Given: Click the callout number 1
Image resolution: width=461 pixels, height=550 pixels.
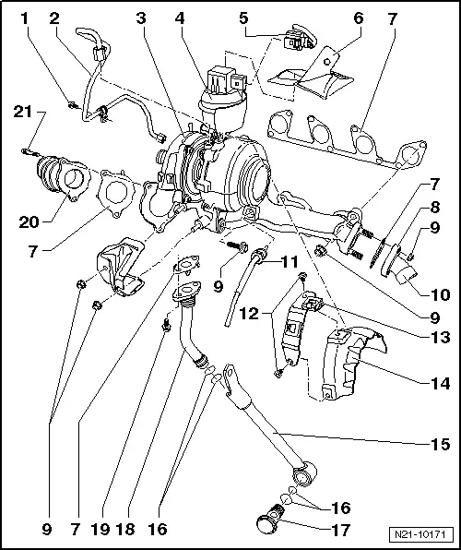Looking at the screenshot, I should (x=24, y=18).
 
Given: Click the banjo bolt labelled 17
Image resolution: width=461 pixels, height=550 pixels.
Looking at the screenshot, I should (x=266, y=523).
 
